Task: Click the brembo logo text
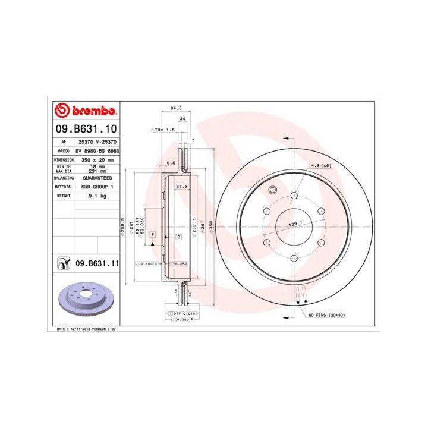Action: pos(93,111)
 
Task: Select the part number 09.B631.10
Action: pos(86,128)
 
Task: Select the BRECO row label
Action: pos(63,152)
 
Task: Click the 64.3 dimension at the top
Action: pos(176,108)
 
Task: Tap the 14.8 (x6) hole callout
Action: pos(319,166)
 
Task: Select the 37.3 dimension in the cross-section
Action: pos(182,186)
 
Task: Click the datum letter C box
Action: pos(178,237)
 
